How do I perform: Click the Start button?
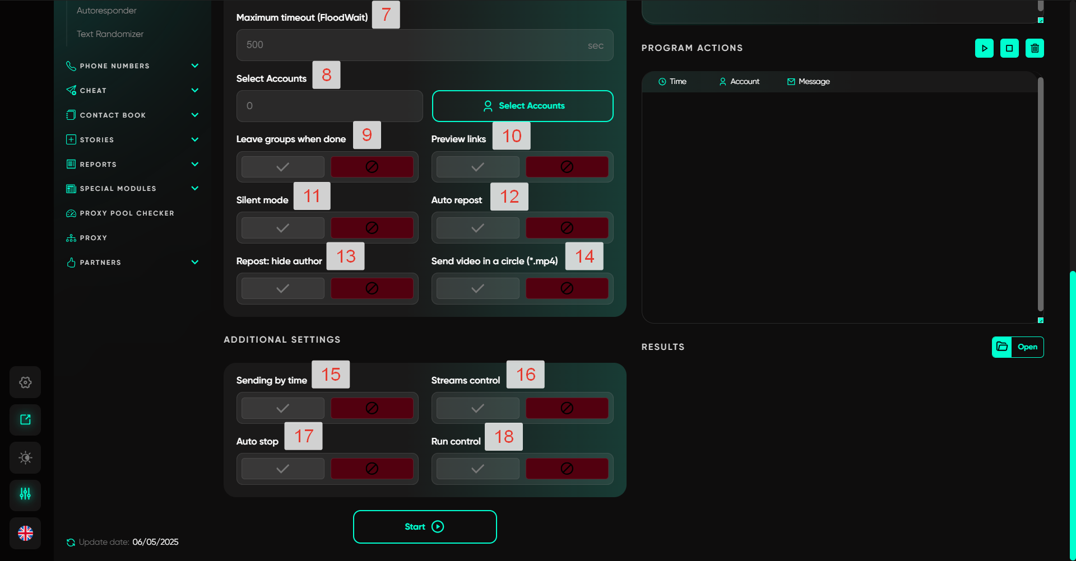(425, 527)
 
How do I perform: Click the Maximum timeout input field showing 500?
(425, 45)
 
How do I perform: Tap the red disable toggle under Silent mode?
(372, 228)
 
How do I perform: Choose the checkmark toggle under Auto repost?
(477, 228)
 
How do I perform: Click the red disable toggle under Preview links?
(567, 167)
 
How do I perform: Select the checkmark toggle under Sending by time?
(282, 408)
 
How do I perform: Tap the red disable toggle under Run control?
(567, 469)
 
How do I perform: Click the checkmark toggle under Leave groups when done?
(282, 167)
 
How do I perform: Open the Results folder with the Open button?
(1018, 347)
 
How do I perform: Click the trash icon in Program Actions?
(1035, 48)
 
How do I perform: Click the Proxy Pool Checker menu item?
(127, 213)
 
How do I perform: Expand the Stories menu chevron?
(195, 139)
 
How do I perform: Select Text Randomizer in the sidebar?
(110, 34)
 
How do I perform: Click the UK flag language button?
(25, 533)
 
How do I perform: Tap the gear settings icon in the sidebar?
(25, 382)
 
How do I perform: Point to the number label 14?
(585, 256)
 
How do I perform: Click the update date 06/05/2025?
(155, 542)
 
